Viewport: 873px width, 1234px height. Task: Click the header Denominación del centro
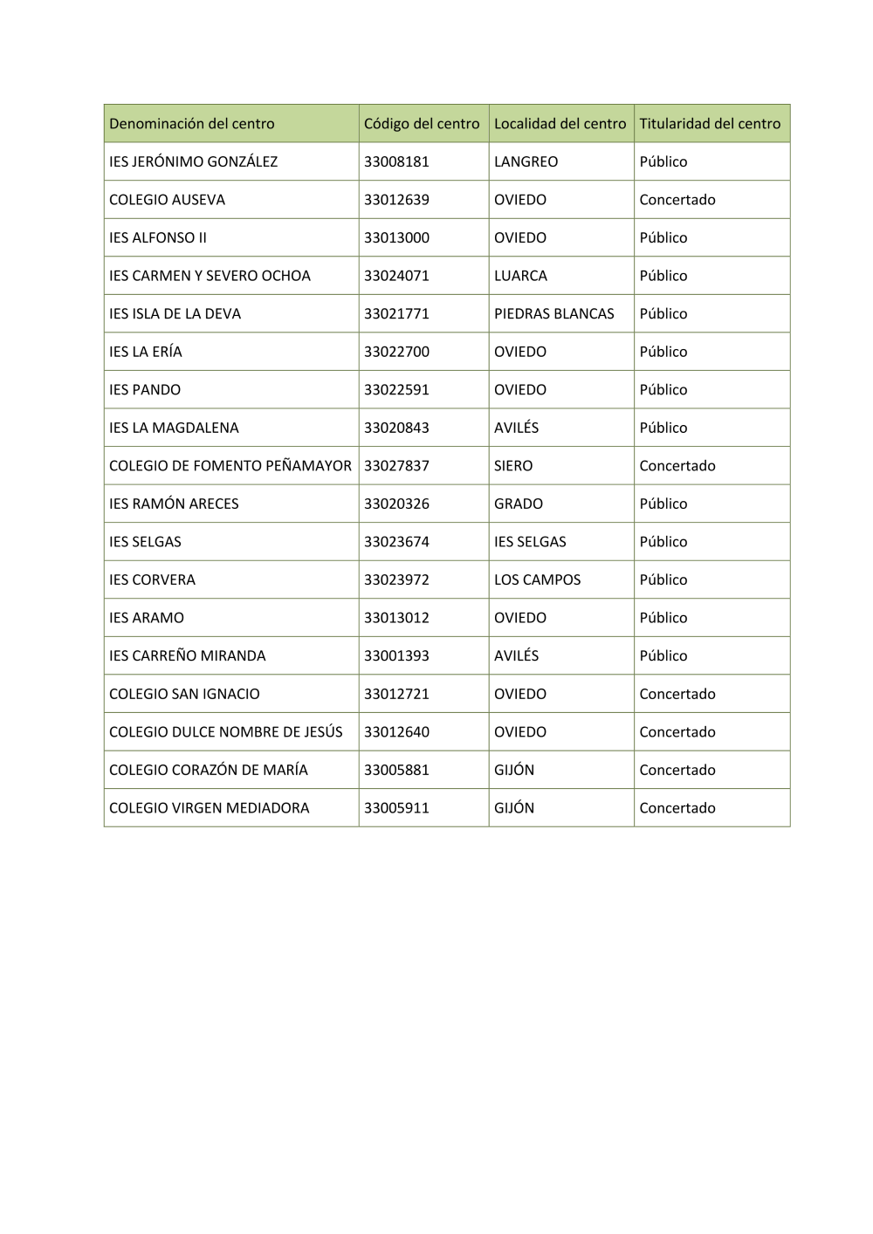[x=192, y=124]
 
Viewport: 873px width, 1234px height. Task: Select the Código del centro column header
[x=422, y=124]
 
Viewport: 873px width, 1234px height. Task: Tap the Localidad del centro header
[x=560, y=124]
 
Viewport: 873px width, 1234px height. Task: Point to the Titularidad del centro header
[x=710, y=124]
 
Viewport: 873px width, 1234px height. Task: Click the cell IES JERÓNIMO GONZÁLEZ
[x=194, y=161]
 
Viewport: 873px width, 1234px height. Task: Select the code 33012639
[x=396, y=200]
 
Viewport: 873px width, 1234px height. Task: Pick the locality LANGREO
[x=526, y=161]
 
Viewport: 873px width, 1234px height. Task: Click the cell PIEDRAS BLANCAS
[x=553, y=313]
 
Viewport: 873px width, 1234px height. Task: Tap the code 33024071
[x=396, y=276]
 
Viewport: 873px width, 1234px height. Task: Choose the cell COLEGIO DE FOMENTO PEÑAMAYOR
[x=230, y=466]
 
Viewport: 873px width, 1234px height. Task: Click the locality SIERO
[x=513, y=466]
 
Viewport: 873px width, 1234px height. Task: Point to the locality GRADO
[x=519, y=504]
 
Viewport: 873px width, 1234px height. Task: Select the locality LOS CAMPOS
[x=537, y=579]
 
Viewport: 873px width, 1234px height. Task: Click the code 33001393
[x=396, y=655]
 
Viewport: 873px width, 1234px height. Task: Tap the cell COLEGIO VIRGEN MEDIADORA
[x=210, y=808]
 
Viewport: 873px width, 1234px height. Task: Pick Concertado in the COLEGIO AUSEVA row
[x=677, y=200]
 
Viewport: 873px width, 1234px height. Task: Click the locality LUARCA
[x=520, y=276]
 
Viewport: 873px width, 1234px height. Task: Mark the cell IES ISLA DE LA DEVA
[x=175, y=313]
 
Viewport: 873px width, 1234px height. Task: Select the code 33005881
[x=396, y=770]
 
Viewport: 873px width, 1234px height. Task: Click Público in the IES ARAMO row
[x=663, y=618]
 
